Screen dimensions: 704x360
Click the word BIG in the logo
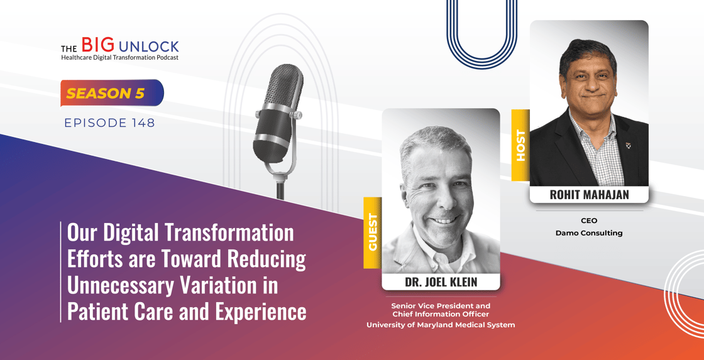coord(97,45)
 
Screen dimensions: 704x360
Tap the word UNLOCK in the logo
coord(148,46)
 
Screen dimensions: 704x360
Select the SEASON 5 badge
coord(112,94)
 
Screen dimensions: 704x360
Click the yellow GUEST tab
coord(373,232)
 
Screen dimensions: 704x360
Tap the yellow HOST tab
coord(520,145)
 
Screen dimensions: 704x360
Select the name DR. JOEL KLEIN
coord(441,282)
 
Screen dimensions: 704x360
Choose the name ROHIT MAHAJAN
coord(588,195)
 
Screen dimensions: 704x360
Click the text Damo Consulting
coord(589,234)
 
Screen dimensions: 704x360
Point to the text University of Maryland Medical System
coord(441,325)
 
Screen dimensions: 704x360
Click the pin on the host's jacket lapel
coord(628,145)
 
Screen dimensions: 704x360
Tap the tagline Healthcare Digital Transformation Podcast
coord(120,57)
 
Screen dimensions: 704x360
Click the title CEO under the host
coord(588,221)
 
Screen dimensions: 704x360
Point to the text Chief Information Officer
coord(441,314)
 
